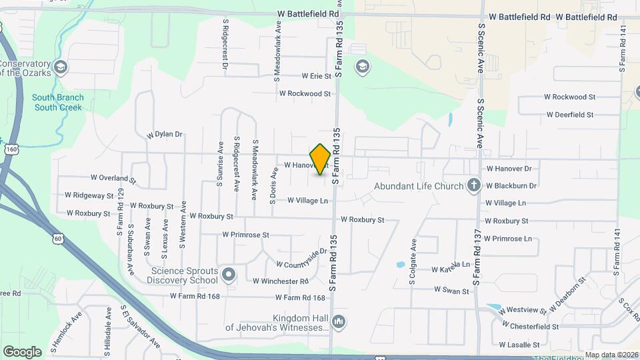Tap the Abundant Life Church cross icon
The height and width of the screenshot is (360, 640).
click(474, 185)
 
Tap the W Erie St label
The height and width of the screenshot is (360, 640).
click(316, 77)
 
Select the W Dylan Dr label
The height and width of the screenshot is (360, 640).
click(165, 134)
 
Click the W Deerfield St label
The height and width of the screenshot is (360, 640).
click(569, 115)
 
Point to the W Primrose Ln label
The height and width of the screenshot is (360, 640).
click(508, 239)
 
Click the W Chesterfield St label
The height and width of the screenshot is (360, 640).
click(534, 327)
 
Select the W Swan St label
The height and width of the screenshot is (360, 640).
click(451, 290)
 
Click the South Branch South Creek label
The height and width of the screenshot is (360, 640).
click(58, 102)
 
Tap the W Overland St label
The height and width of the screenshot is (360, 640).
click(113, 179)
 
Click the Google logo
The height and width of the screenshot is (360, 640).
click(22, 351)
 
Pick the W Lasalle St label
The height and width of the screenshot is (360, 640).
click(519, 345)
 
